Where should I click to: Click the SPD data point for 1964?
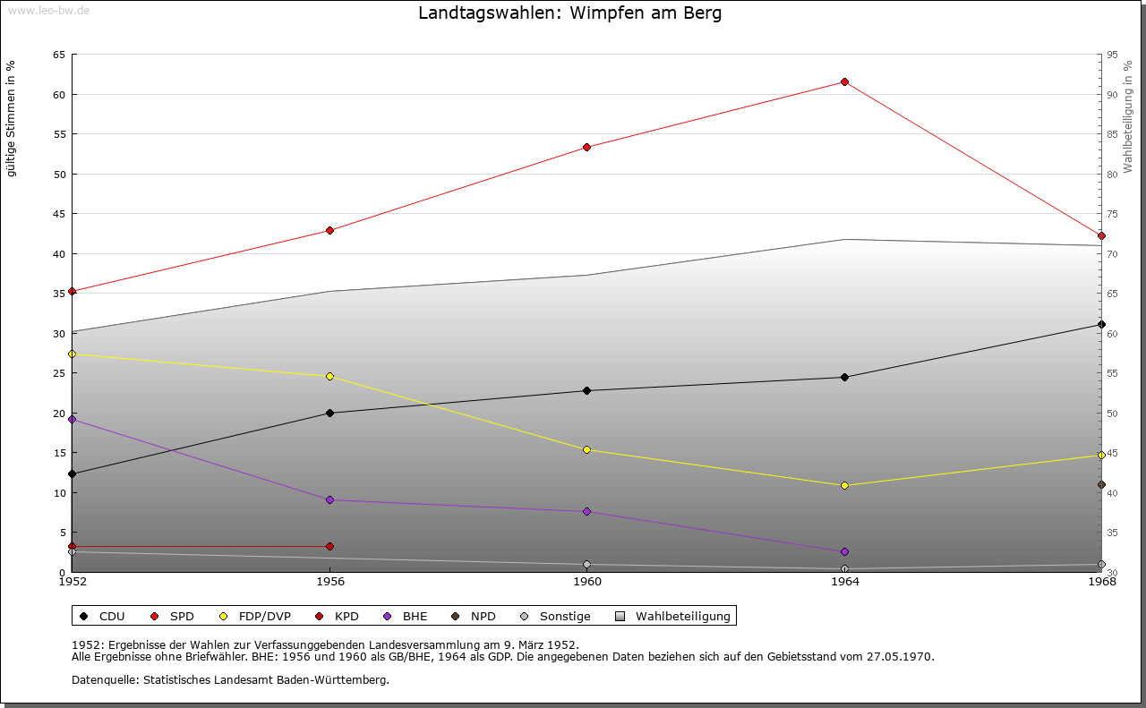pos(844,82)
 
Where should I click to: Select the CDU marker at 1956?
pos(329,413)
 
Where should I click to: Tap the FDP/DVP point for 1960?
pos(586,450)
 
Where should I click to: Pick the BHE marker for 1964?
pos(844,551)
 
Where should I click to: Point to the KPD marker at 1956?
pos(329,546)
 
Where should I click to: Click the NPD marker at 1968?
pos(1101,485)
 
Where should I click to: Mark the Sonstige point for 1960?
pos(586,565)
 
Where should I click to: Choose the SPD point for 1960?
pos(586,148)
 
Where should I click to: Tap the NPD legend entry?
pos(483,617)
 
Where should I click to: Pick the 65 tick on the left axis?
pos(59,55)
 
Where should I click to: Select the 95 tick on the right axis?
pos(1112,55)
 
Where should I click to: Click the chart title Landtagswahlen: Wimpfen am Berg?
pos(569,13)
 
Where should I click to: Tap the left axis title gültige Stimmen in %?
pos(11,118)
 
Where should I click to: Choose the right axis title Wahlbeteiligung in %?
pos(1128,116)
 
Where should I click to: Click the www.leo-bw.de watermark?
pos(47,8)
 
